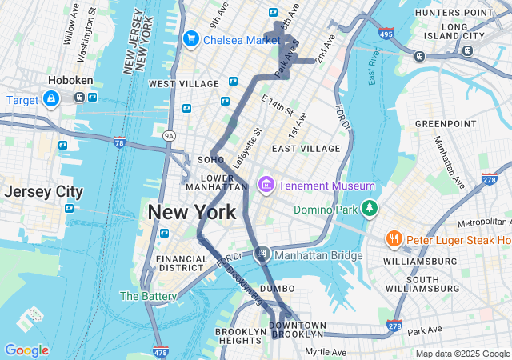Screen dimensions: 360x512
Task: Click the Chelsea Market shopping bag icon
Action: point(191,39)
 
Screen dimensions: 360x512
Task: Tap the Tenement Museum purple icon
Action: point(266,186)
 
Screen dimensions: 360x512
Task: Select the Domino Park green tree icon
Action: point(369,209)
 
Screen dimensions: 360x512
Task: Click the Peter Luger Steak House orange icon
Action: point(394,239)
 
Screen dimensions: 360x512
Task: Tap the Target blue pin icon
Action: point(51,99)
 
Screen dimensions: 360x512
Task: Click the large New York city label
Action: point(192,212)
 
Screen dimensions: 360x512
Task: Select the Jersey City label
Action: point(43,192)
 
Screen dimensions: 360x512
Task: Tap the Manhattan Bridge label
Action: point(318,255)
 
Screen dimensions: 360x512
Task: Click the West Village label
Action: point(183,84)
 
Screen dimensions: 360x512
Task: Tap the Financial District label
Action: point(182,263)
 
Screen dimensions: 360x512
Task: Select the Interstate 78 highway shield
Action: point(119,143)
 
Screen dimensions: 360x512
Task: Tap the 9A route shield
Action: point(169,137)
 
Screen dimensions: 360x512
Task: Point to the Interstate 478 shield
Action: point(160,350)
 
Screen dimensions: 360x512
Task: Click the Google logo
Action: point(26,350)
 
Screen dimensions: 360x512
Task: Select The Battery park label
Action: point(147,296)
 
